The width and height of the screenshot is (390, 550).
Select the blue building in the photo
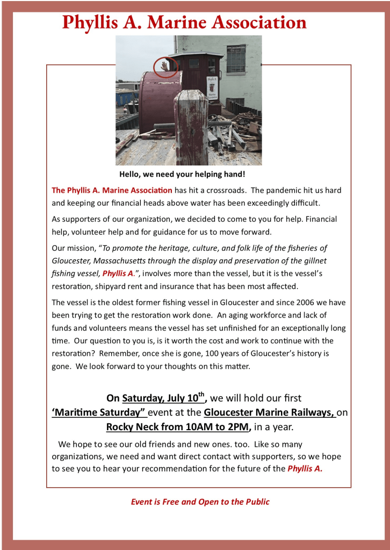point(127,97)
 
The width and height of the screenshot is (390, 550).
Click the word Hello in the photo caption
point(131,175)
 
